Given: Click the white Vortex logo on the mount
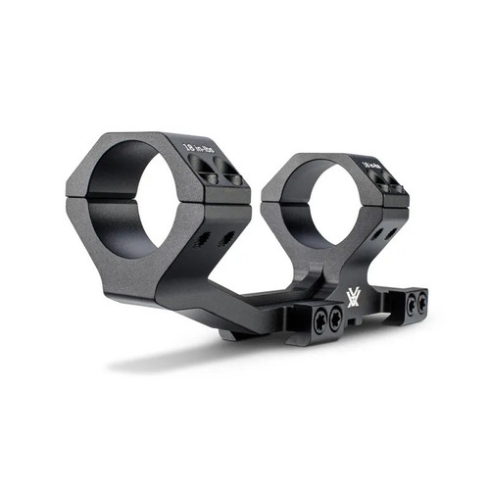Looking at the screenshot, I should pyautogui.click(x=352, y=297).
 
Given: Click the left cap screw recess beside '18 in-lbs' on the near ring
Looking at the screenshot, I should pyautogui.click(x=208, y=176).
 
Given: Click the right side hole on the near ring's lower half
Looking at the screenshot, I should pyautogui.click(x=226, y=237).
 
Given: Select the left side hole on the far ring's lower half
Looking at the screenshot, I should pyautogui.click(x=375, y=235).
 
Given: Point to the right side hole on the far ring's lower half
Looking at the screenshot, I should pyautogui.click(x=391, y=233).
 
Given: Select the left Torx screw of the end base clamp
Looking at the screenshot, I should pyautogui.click(x=410, y=305).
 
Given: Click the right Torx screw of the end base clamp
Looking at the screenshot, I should pyautogui.click(x=420, y=304).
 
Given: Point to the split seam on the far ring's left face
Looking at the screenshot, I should pyautogui.click(x=275, y=205).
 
